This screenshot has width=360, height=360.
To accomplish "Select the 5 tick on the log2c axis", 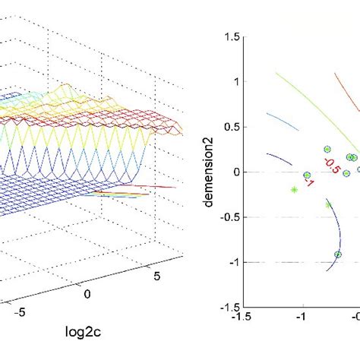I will (x=157, y=276).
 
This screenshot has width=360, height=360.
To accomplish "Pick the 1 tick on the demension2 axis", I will (x=229, y=81).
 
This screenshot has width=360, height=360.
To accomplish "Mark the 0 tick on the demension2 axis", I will (x=229, y=172).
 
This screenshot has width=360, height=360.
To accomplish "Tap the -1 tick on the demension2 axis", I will (x=227, y=263).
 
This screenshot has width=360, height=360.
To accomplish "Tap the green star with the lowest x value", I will (x=294, y=190).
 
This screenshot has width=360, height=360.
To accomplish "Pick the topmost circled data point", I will (x=327, y=150).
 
